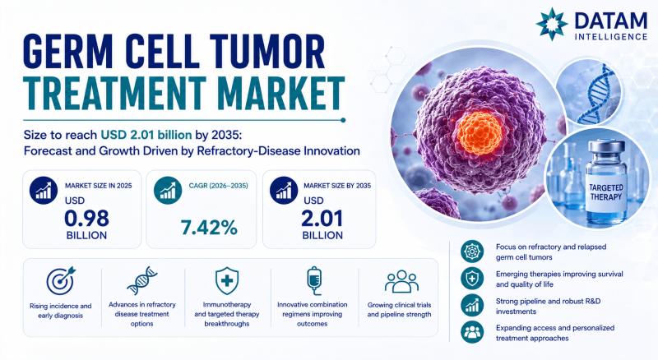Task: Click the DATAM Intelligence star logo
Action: [x=552, y=24]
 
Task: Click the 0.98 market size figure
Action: [x=86, y=219]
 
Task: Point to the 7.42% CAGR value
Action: [x=209, y=228]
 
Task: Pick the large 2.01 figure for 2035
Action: [x=322, y=219]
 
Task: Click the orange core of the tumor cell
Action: [x=480, y=134]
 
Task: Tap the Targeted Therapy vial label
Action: [x=606, y=192]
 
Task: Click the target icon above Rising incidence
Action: [x=61, y=281]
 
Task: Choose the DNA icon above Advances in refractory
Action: [x=141, y=280]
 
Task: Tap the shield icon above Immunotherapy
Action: [x=227, y=281]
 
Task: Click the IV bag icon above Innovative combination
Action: [x=314, y=281]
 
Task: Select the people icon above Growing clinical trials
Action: [x=401, y=281]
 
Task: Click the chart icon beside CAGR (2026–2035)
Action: [x=168, y=191]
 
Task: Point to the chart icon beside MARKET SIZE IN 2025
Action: [x=44, y=191]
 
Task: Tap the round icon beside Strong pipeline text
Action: [x=472, y=305]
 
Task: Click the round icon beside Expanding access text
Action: [x=472, y=332]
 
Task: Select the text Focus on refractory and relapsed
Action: [x=551, y=247]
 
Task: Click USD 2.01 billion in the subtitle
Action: [x=146, y=135]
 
